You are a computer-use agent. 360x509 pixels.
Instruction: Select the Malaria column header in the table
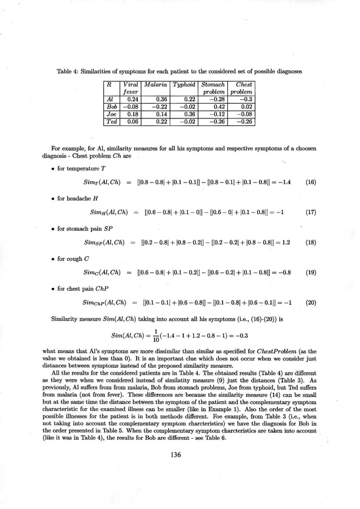155,84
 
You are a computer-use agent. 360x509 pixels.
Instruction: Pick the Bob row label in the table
112,106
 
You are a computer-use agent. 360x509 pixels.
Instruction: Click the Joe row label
112,113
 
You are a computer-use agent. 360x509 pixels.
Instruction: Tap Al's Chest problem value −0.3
245,99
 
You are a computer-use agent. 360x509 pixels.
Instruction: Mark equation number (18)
310,242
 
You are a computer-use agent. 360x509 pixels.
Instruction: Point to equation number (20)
310,302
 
